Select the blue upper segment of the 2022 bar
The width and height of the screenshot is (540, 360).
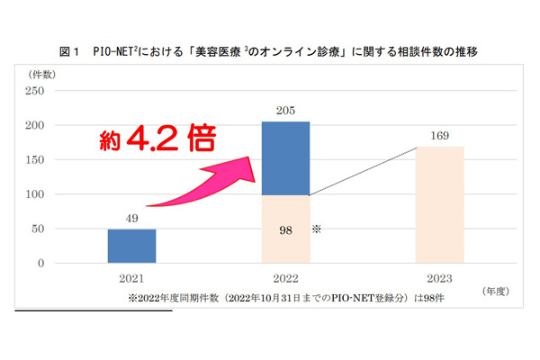[286, 158]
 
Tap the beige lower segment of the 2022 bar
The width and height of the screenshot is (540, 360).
[286, 229]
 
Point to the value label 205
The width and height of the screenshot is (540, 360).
[286, 111]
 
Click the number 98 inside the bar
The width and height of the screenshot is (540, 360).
[285, 230]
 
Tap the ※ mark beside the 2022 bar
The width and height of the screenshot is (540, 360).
[318, 229]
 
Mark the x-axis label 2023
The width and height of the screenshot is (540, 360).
[442, 280]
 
